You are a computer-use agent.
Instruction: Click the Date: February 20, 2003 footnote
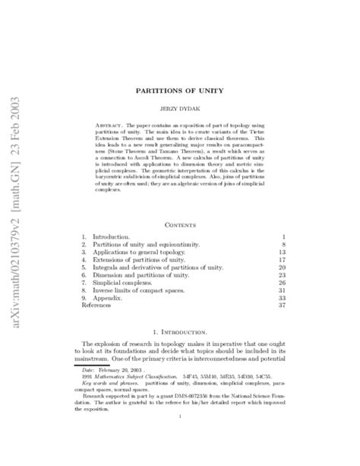125,372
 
